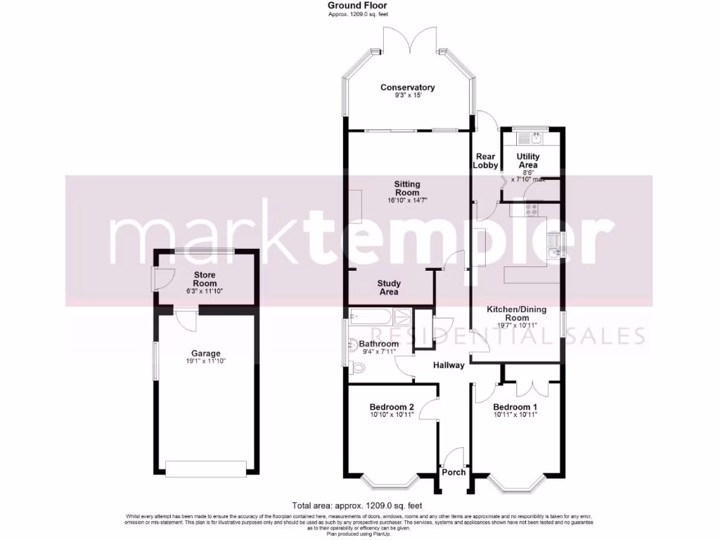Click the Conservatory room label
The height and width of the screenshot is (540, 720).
tap(407, 87)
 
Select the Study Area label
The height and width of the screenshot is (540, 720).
tap(389, 287)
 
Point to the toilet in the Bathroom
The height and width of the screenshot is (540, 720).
tap(356, 366)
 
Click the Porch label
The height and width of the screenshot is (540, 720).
tap(454, 472)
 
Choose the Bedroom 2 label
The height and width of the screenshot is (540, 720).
tap(392, 406)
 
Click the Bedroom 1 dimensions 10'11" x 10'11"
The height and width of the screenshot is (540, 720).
tap(515, 415)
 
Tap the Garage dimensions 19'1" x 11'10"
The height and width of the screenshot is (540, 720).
tap(206, 361)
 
